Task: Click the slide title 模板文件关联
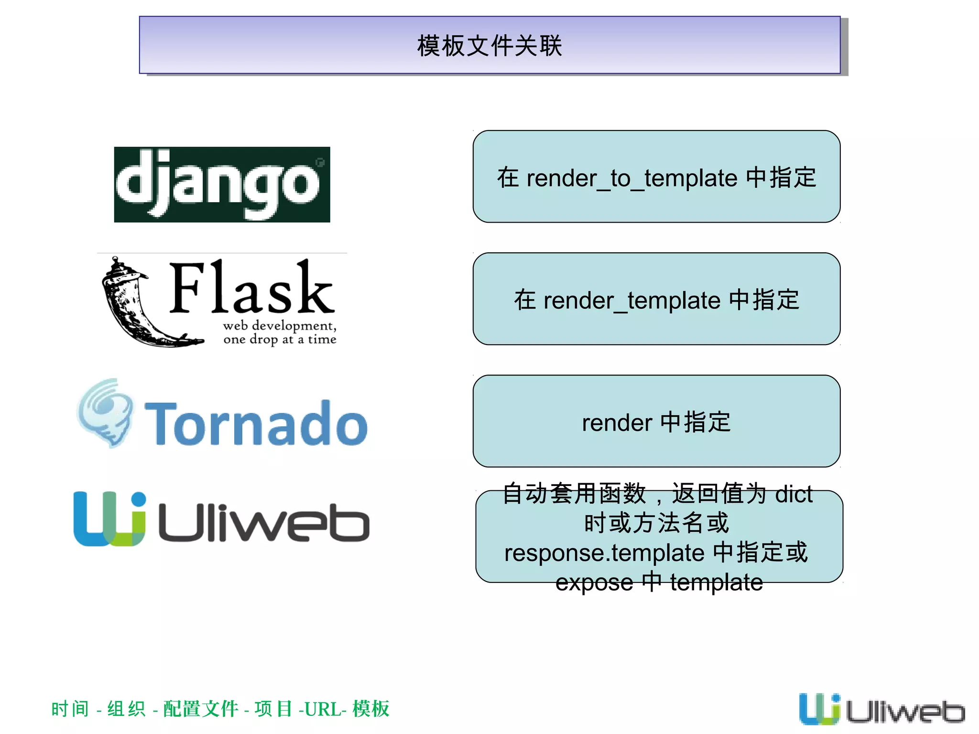tap(489, 46)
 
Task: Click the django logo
tap(222, 184)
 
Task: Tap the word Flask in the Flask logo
tap(251, 288)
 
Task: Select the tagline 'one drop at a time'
tap(280, 339)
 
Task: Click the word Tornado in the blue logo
tap(256, 423)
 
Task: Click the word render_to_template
tap(632, 179)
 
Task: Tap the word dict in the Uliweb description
tap(793, 494)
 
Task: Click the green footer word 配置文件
tap(200, 709)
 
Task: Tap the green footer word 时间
tap(70, 709)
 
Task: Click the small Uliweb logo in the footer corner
tap(881, 710)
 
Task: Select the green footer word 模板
tap(371, 709)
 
